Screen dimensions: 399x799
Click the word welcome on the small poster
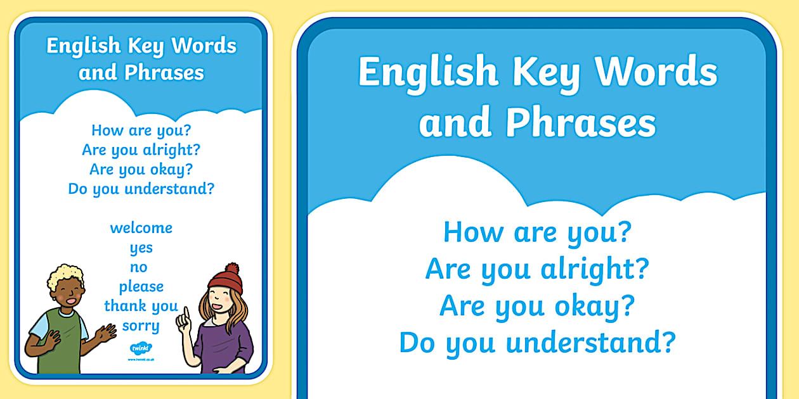[141, 227]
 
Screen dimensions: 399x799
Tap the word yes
[141, 248]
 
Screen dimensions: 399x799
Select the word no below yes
[139, 267]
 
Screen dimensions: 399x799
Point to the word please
[141, 287]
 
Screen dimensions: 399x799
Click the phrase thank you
[141, 306]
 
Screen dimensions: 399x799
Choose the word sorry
[141, 326]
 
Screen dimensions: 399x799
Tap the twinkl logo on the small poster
[140, 349]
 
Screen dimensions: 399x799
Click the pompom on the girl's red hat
[232, 269]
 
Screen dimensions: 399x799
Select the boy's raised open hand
[105, 332]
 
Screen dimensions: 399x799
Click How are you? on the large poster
[537, 232]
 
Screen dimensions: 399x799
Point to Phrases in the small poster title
[164, 72]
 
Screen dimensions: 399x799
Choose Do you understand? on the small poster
[141, 189]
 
